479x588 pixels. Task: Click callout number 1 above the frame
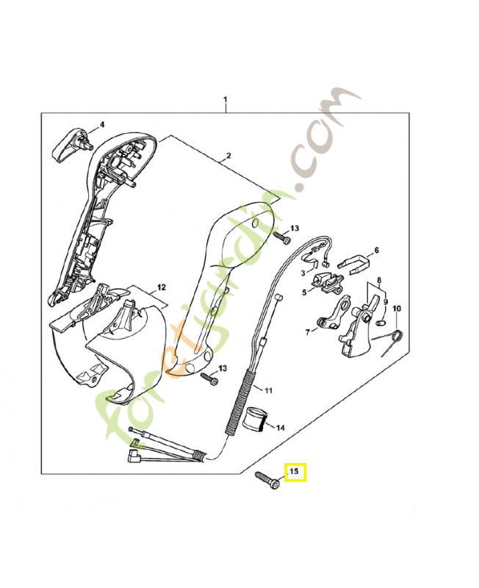coord(226,99)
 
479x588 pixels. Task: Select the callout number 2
coord(228,156)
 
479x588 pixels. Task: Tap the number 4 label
coord(102,124)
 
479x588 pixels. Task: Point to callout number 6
coord(377,251)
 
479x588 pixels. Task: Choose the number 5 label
coord(303,292)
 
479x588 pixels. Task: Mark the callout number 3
coord(302,273)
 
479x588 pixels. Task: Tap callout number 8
coord(379,279)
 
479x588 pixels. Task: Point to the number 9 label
coord(385,301)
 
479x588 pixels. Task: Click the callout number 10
coord(397,308)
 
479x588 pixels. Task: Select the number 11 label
coord(267,390)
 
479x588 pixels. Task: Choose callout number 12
coord(162,287)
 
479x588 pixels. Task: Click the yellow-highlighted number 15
coord(295,471)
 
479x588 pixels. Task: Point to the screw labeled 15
coord(267,481)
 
